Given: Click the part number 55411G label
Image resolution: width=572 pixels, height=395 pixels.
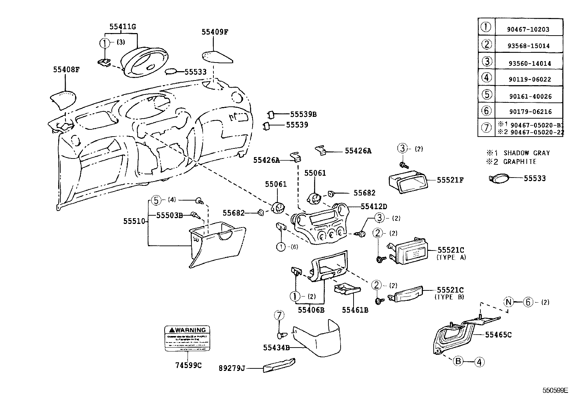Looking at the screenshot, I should click(123, 27).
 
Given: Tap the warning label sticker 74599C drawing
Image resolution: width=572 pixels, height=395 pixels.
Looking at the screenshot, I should click(187, 338).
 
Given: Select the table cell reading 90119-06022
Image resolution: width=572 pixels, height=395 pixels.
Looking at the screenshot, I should click(529, 79).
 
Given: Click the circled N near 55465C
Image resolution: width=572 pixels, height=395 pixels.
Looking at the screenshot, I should click(508, 302).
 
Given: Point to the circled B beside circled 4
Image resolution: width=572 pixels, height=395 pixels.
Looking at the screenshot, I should click(458, 361).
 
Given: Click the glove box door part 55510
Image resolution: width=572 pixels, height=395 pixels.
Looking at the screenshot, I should click(218, 244).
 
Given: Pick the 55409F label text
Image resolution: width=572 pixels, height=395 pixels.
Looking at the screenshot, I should click(214, 32).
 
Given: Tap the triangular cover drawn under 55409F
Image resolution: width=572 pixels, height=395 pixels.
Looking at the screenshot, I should click(216, 57).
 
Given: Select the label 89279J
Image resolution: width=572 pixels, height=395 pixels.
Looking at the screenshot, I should click(231, 368).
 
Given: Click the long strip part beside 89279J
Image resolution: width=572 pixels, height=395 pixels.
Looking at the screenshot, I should click(279, 366).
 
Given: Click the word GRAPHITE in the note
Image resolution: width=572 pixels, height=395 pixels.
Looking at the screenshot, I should click(520, 162).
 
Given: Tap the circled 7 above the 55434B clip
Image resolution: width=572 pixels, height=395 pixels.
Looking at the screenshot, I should click(279, 316).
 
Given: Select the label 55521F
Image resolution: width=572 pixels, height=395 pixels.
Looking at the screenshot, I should click(450, 180).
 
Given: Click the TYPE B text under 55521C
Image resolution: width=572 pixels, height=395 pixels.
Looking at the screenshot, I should click(449, 297).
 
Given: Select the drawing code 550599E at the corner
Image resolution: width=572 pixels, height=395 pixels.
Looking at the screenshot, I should click(555, 390).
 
